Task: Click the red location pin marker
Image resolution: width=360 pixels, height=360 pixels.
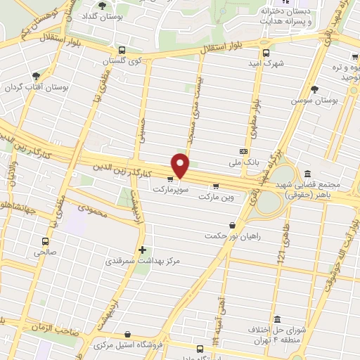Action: tap(181, 165)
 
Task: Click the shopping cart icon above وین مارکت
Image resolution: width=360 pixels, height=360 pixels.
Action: tap(215, 186)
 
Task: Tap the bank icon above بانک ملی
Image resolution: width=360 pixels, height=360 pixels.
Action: tap(244, 151)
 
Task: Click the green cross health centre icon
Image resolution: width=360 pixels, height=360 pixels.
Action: tap(143, 250)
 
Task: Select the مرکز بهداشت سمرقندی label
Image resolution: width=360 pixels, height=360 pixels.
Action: tap(143, 261)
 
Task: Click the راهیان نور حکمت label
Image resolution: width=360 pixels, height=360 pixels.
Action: tap(233, 236)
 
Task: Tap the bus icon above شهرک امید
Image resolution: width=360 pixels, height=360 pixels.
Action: tap(266, 53)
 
